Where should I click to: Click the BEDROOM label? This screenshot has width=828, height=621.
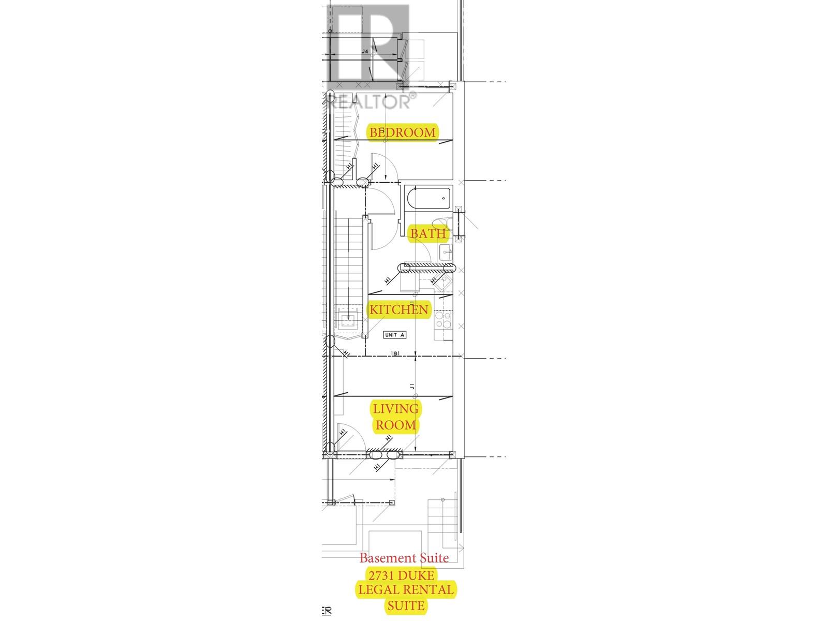click(402, 132)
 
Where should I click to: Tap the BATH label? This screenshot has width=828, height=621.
click(427, 233)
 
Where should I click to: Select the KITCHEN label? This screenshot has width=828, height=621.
click(398, 309)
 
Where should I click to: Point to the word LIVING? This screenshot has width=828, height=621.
click(396, 408)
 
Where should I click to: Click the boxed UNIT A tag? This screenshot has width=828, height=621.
click(394, 335)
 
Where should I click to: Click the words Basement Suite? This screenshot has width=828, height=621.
click(404, 558)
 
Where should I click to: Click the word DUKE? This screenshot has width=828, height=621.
click(418, 575)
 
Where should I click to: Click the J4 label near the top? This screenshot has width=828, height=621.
click(365, 51)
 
